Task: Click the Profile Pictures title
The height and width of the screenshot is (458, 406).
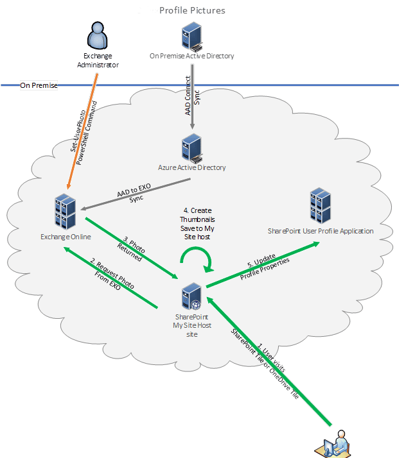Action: (x=192, y=11)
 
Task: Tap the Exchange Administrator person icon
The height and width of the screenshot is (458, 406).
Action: (x=98, y=37)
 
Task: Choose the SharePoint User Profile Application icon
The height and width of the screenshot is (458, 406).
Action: (x=320, y=205)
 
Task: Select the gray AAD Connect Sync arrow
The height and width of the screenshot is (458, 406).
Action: (x=192, y=96)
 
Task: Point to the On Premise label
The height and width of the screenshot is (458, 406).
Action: (x=39, y=85)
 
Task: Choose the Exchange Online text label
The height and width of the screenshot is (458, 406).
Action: (x=66, y=237)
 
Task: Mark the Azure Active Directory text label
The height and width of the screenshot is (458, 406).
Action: (x=192, y=168)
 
